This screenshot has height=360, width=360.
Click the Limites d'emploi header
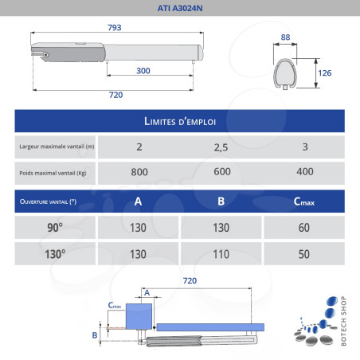coord(180,121)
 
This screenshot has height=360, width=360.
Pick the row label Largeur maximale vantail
coord(57,147)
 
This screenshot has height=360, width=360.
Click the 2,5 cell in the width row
coord(221,147)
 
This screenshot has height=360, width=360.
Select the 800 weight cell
coord(139,172)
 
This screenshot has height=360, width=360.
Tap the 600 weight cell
coord(221,172)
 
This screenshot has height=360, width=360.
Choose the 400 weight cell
coord(304,172)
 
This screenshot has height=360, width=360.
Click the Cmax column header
coord(304,202)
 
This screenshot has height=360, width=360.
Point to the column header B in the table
coord(221,202)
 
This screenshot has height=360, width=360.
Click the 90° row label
coord(55,227)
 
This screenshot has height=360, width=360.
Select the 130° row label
coord(55,253)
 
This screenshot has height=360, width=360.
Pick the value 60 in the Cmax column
coord(304,227)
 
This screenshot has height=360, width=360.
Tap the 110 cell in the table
coord(221,253)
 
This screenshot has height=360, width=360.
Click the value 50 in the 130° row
coord(304,253)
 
